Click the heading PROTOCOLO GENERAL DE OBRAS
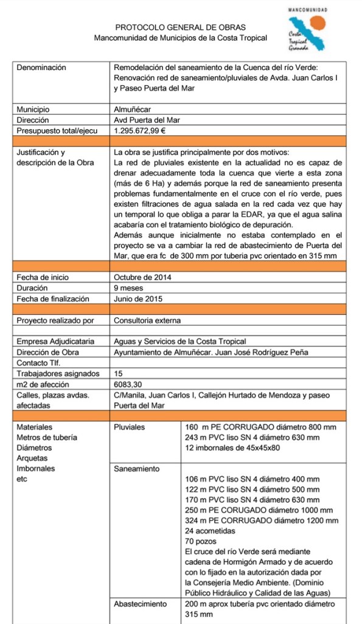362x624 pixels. click(181, 27)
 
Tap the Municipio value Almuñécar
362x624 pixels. click(133, 110)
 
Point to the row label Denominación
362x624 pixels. click(41, 68)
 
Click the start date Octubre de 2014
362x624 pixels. click(143, 277)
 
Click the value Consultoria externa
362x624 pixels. click(147, 320)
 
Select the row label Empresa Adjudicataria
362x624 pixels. click(55, 342)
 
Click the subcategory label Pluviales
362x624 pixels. click(129, 427)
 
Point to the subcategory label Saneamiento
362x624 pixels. click(137, 469)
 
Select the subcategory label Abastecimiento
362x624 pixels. click(141, 604)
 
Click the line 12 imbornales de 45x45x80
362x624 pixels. click(232, 448)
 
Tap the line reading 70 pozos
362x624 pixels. click(201, 541)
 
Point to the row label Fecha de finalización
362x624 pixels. click(53, 299)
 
